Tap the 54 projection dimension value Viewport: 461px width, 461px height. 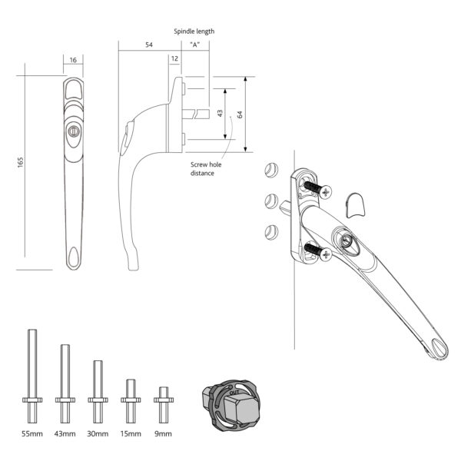coord(148,46)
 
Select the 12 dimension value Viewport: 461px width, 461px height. coord(174,58)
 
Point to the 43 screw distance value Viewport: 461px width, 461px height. coord(220,113)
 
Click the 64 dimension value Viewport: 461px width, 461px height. coord(240,114)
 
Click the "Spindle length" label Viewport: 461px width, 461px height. coord(194,32)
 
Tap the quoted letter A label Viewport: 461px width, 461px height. coord(195,45)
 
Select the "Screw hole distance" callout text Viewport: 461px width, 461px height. coord(202,169)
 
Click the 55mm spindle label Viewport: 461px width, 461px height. coord(32,434)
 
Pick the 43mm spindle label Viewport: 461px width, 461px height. coord(65,434)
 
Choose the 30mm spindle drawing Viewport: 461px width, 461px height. coord(98,391)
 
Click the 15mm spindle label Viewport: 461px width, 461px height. coord(131,434)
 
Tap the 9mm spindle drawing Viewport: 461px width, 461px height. coord(161,404)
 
